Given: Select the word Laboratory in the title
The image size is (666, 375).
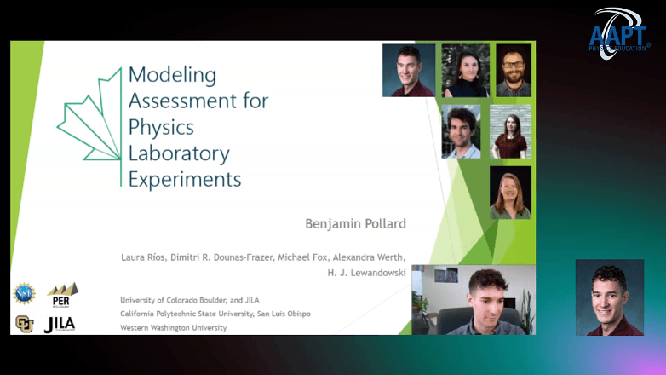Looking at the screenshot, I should (179, 153).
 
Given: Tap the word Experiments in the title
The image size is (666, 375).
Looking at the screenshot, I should (185, 180).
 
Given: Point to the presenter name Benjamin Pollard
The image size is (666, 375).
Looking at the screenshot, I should (355, 224).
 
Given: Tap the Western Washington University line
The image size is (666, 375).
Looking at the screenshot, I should (173, 327).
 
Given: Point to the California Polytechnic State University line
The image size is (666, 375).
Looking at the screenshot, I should (215, 314).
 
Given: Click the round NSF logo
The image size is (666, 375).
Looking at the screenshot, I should (24, 294).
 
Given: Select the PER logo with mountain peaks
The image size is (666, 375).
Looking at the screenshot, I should (62, 294).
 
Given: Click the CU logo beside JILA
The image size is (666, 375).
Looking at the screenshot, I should (24, 324).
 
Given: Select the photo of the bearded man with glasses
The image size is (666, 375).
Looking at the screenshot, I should (513, 70).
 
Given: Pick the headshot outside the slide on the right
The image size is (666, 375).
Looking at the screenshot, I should (609, 297).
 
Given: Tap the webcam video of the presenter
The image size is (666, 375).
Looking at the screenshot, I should (473, 299).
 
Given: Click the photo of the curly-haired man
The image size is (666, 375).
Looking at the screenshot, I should (461, 131).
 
